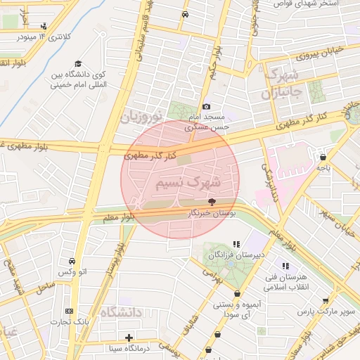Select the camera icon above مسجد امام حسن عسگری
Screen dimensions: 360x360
pos(206,105)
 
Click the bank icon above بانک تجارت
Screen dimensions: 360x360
pos(69,311)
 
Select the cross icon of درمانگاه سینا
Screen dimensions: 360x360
pos(129,338)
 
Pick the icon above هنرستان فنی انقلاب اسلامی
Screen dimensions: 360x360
pos(285,266)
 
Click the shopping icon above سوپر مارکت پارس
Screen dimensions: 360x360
pos(324,300)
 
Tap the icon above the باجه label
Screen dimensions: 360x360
pos(323,157)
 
